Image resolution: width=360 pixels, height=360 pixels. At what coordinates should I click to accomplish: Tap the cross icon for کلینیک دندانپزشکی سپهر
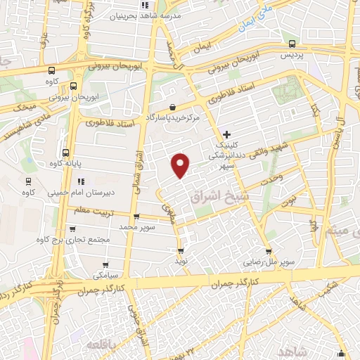[x=226, y=134]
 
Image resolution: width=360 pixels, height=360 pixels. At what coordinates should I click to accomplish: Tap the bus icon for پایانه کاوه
[x=66, y=152]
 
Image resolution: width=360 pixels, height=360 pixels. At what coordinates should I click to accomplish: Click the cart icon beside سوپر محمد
[x=136, y=217]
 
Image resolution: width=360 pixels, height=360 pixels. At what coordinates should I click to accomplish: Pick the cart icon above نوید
[x=181, y=250]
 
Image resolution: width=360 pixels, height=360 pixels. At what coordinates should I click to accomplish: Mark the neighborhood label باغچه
[x=103, y=345]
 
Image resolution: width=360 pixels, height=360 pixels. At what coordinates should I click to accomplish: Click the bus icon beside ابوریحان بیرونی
[x=74, y=85]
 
